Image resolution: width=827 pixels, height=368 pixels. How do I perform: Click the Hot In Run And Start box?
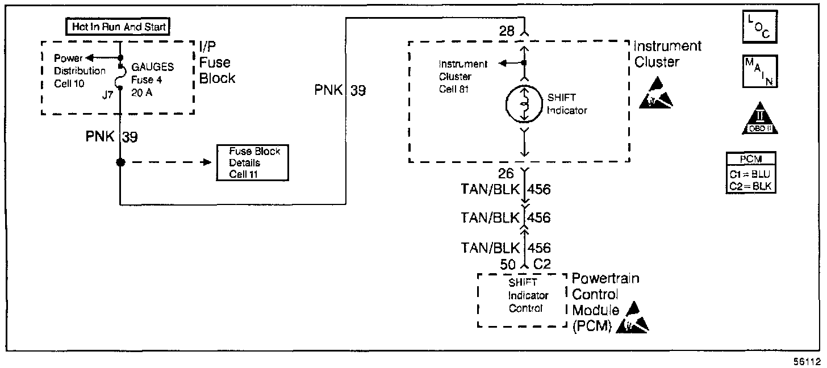[118, 27]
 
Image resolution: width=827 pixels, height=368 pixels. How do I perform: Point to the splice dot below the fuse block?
[120, 162]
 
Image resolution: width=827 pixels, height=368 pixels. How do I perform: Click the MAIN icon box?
[759, 72]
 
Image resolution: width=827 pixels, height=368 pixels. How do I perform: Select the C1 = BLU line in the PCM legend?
[751, 175]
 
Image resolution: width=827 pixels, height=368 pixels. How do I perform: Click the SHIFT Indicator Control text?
[528, 296]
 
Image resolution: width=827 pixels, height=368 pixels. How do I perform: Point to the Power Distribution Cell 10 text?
[80, 71]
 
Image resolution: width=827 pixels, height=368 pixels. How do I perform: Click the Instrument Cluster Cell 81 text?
[463, 77]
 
